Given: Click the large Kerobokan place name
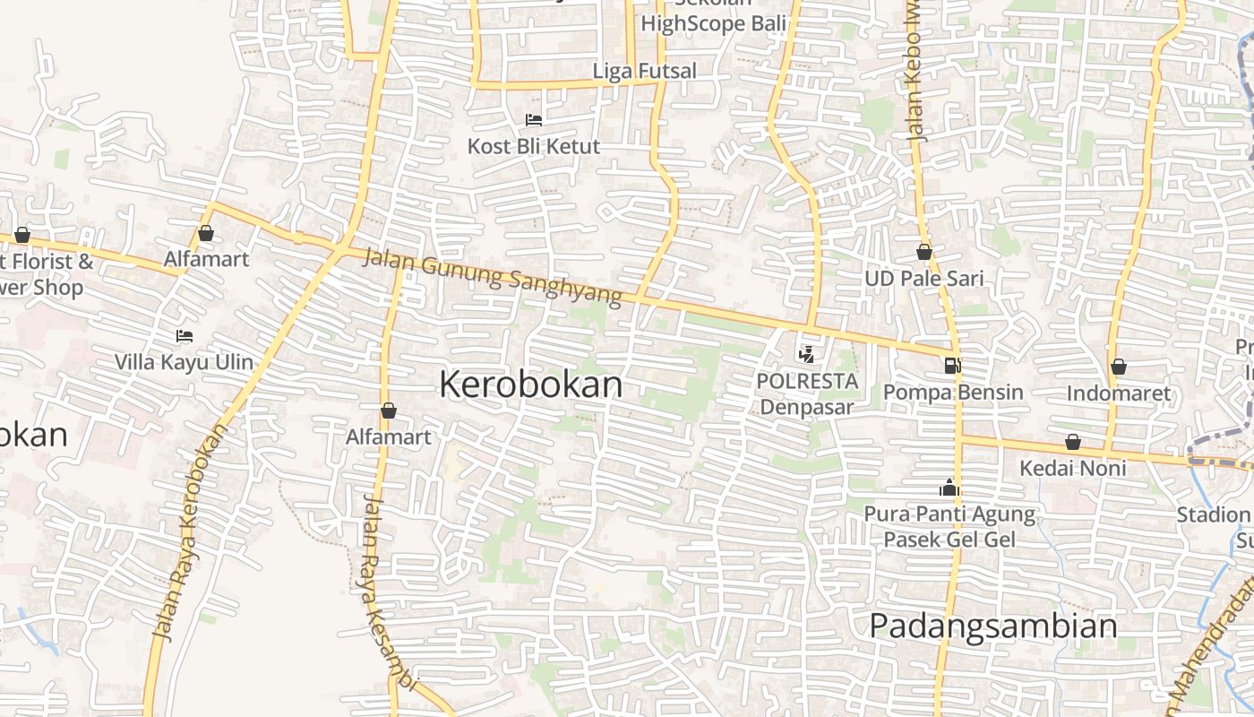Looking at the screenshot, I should click(530, 384).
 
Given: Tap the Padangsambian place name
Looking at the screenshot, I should click(993, 626).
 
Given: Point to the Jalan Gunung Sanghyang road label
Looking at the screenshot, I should click(493, 279).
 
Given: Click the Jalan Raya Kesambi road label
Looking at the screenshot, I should click(388, 592).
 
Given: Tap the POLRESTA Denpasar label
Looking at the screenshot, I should click(807, 393).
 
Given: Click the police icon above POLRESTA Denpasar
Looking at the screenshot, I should click(806, 355).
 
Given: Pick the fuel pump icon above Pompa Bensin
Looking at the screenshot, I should click(952, 366).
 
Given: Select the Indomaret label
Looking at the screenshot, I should click(1118, 393).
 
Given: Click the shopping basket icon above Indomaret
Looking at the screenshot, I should click(1118, 367).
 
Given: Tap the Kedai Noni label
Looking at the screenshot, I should click(1073, 469).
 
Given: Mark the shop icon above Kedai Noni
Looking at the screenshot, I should click(1073, 443).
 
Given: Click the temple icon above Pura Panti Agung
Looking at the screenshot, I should click(949, 488).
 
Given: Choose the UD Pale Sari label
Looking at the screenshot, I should click(923, 279).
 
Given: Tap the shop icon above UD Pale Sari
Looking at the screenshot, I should click(923, 253).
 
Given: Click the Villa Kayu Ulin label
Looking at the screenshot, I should click(184, 363).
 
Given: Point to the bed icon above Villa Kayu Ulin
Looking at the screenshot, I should click(185, 336).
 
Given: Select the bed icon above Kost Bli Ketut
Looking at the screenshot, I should click(534, 119).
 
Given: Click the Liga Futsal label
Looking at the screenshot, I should click(644, 71).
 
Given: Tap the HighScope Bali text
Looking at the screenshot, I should click(713, 23).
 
